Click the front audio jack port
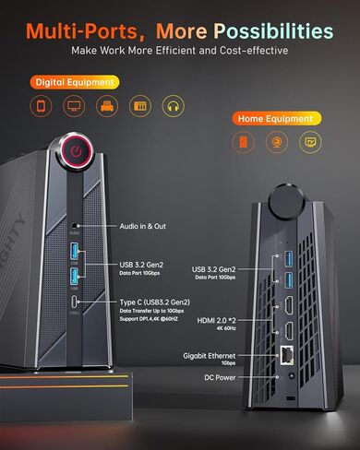(74, 224)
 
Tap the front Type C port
(74, 301)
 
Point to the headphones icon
(171, 106)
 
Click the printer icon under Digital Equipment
(106, 106)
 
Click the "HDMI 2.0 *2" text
(219, 319)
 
